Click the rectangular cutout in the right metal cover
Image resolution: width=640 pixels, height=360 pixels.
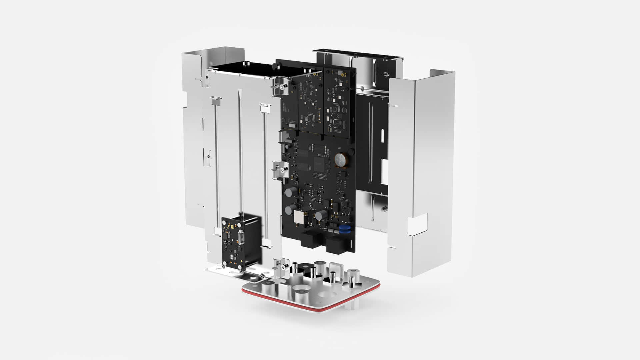(x=417, y=222)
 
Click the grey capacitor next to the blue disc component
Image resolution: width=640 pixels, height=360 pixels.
(x=321, y=215)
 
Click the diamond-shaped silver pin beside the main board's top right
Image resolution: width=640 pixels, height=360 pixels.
(x=362, y=88)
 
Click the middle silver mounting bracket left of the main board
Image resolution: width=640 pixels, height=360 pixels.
(x=280, y=169)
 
